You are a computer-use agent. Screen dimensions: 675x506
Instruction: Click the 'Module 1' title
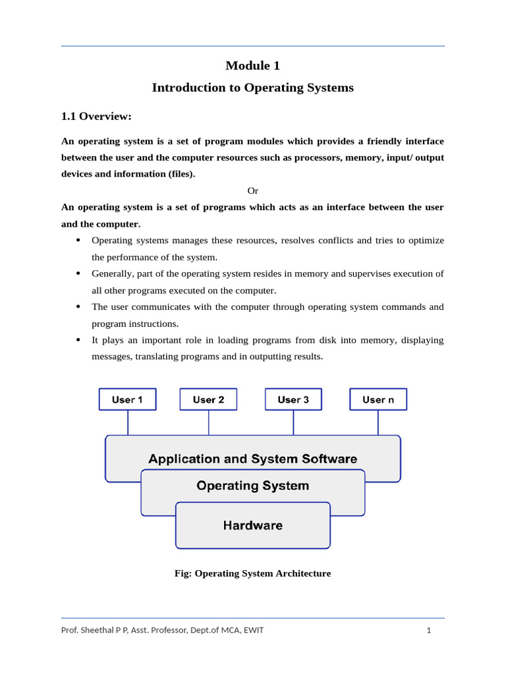click(252, 65)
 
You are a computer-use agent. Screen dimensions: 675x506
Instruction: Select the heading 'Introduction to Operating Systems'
click(252, 88)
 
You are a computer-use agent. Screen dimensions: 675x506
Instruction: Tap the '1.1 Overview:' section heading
click(96, 117)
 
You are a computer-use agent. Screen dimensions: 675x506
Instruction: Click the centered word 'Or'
click(252, 191)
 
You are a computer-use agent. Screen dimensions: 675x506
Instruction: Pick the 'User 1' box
click(127, 399)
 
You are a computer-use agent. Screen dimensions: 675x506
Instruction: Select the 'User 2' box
click(208, 399)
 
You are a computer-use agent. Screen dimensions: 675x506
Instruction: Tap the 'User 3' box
click(293, 399)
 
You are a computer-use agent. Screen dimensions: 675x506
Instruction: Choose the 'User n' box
click(378, 399)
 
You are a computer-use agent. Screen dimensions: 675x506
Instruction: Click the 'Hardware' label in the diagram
click(253, 525)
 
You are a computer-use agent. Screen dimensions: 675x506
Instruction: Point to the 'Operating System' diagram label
click(253, 486)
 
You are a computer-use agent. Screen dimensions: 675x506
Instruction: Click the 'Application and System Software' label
click(253, 459)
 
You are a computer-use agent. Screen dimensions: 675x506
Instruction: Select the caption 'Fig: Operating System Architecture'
click(252, 573)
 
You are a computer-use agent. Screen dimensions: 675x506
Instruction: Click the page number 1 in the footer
click(429, 630)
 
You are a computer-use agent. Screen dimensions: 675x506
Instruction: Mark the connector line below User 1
click(128, 423)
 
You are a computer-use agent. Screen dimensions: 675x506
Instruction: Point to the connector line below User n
click(378, 423)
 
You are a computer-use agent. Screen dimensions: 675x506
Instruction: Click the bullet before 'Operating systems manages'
click(78, 240)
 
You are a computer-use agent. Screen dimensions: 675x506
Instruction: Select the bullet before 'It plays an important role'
click(78, 339)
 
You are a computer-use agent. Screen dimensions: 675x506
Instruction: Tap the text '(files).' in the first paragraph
click(178, 174)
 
